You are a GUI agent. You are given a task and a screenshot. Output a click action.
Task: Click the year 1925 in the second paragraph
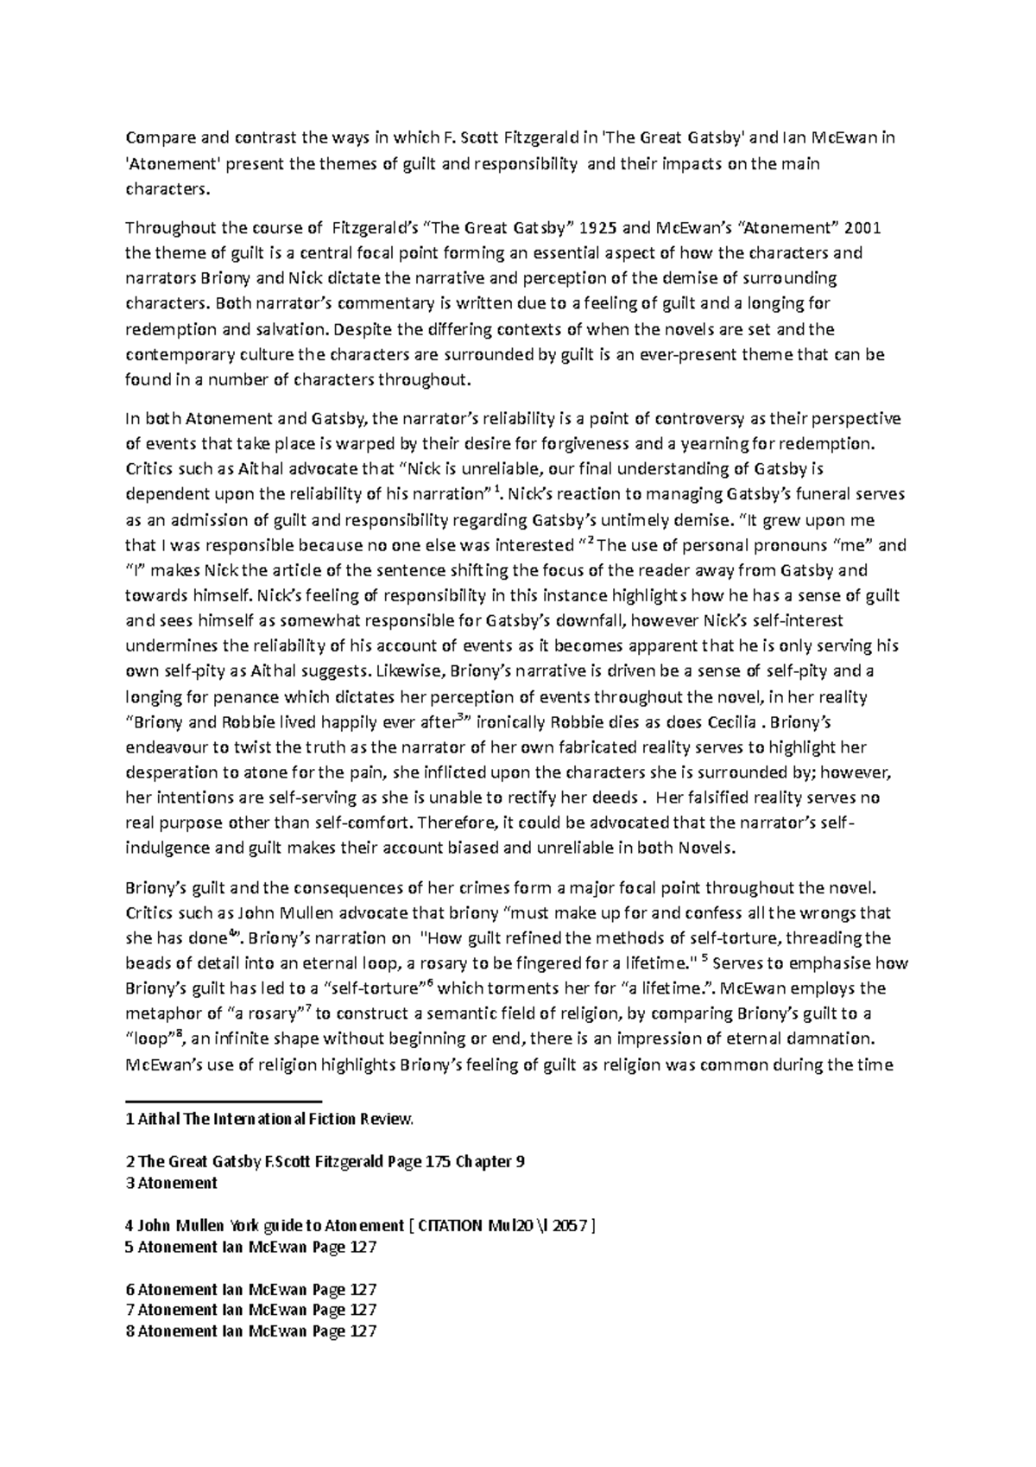click(x=597, y=228)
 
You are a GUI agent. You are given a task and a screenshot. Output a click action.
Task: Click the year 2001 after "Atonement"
click(x=863, y=228)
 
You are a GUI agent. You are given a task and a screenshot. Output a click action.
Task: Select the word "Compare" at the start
click(x=155, y=137)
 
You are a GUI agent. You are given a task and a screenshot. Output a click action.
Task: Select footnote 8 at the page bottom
click(x=251, y=1331)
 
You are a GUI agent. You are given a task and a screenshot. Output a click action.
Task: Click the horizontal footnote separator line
click(x=224, y=1102)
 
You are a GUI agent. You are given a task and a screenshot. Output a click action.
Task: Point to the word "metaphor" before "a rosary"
click(x=156, y=1013)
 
